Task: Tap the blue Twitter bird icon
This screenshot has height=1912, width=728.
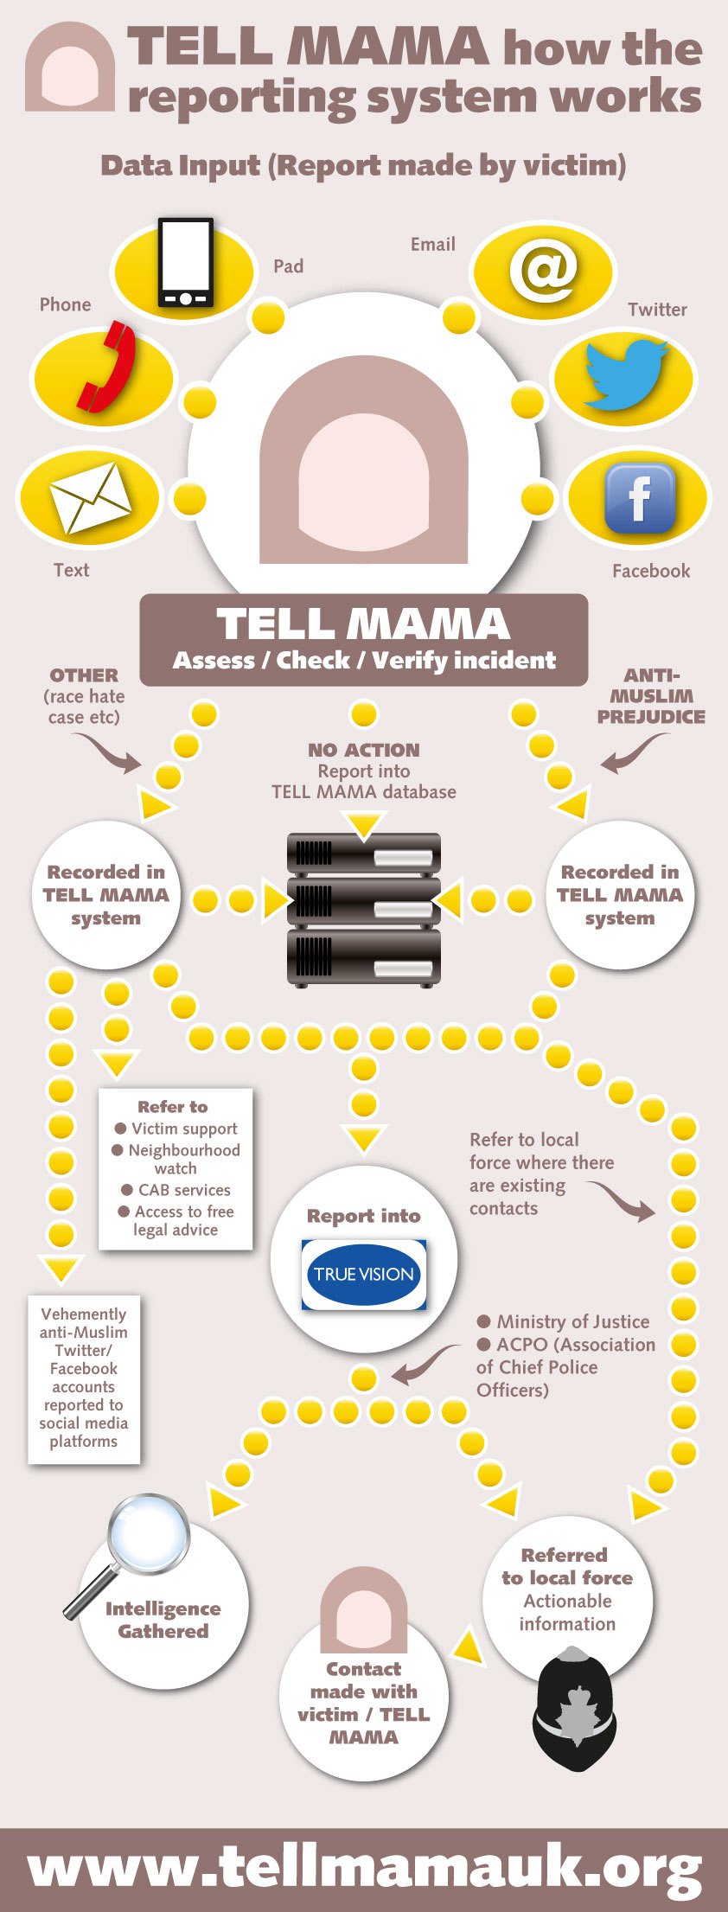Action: [x=625, y=373]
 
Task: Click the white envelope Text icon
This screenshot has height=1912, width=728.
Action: [x=90, y=497]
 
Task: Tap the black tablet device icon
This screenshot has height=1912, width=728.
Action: [x=185, y=263]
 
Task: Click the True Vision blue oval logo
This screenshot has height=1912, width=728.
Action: [x=364, y=1274]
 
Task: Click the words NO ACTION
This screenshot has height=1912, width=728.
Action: [x=364, y=750]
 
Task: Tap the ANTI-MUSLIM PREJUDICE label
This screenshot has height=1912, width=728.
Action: [x=651, y=695]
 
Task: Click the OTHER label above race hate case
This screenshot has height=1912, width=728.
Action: [x=84, y=675]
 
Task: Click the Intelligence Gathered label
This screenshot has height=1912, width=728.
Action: [x=163, y=1620]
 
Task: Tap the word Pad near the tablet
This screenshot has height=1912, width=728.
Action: [x=288, y=266]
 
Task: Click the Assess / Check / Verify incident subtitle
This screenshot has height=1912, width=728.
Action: [x=364, y=661]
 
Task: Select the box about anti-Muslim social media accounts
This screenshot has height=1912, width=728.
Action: [x=84, y=1378]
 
